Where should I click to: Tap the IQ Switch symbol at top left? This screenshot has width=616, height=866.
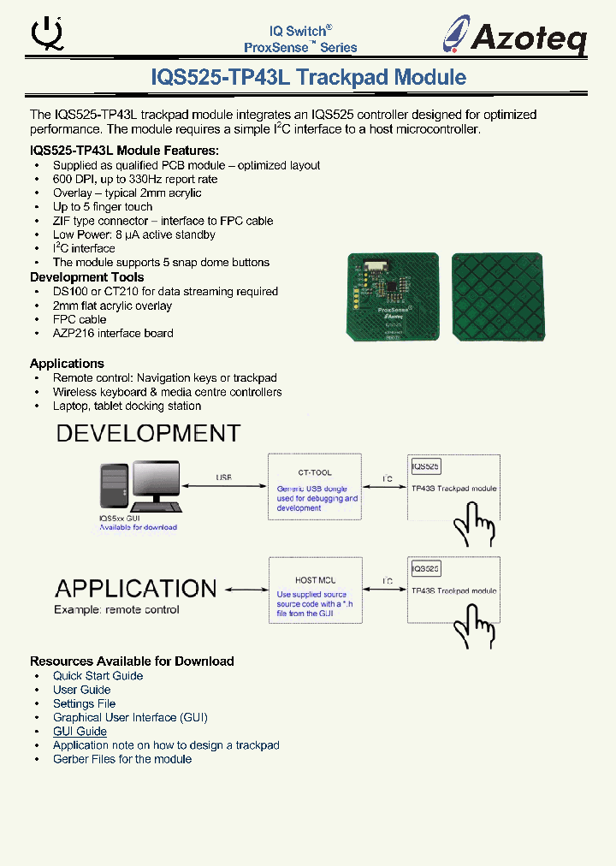pyautogui.click(x=46, y=33)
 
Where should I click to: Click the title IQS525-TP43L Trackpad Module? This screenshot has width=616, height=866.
pyautogui.click(x=308, y=77)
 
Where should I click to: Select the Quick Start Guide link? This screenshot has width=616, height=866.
pyautogui.click(x=98, y=676)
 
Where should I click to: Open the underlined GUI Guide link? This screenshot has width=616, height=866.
pyautogui.click(x=80, y=732)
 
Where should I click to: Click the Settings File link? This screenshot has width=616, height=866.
pyautogui.click(x=84, y=703)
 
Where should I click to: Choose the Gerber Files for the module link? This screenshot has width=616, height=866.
pyautogui.click(x=122, y=759)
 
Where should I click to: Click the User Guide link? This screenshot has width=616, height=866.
pyautogui.click(x=81, y=690)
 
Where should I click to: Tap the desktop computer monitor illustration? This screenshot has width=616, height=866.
pyautogui.click(x=155, y=483)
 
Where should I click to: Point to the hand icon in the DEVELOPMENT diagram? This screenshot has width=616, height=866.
pyautogui.click(x=474, y=523)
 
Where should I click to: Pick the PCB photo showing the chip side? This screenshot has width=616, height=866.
pyautogui.click(x=394, y=296)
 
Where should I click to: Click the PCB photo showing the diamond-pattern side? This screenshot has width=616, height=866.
pyautogui.click(x=497, y=295)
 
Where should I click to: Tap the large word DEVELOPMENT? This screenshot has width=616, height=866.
pyautogui.click(x=148, y=434)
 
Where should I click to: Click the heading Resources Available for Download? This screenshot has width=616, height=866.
pyautogui.click(x=132, y=661)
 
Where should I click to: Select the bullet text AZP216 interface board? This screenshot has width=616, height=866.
pyautogui.click(x=113, y=334)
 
